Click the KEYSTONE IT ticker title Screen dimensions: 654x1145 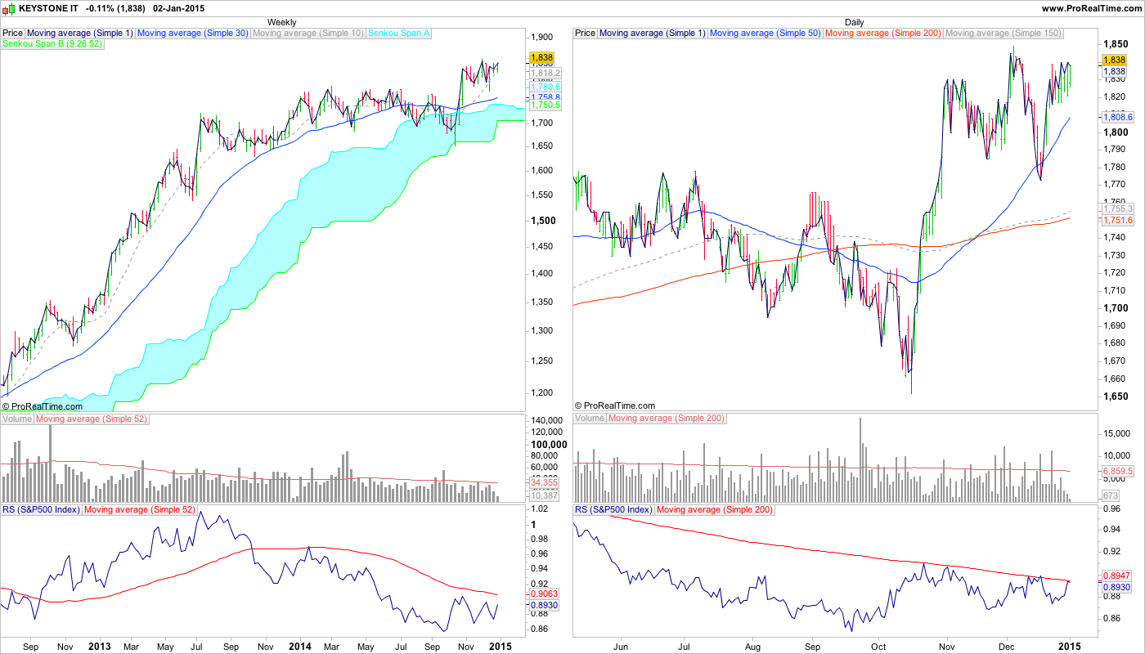pyautogui.click(x=47, y=8)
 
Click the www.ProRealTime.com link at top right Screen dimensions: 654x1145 pyautogui.click(x=1090, y=8)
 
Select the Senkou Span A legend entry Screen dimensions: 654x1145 pyautogui.click(x=400, y=33)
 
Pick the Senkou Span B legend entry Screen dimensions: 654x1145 pyautogui.click(x=53, y=44)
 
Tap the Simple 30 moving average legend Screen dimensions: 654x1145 pyautogui.click(x=192, y=33)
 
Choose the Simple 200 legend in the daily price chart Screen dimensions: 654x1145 pyautogui.click(x=882, y=33)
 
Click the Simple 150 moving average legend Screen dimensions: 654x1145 pyautogui.click(x=1003, y=33)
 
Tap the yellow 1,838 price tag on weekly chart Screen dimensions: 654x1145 pyautogui.click(x=541, y=58)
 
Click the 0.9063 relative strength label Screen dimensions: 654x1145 pyautogui.click(x=544, y=594)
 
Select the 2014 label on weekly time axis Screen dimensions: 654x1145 pyautogui.click(x=301, y=646)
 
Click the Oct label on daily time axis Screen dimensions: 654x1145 pyautogui.click(x=879, y=646)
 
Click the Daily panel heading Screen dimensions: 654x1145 pyautogui.click(x=854, y=22)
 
